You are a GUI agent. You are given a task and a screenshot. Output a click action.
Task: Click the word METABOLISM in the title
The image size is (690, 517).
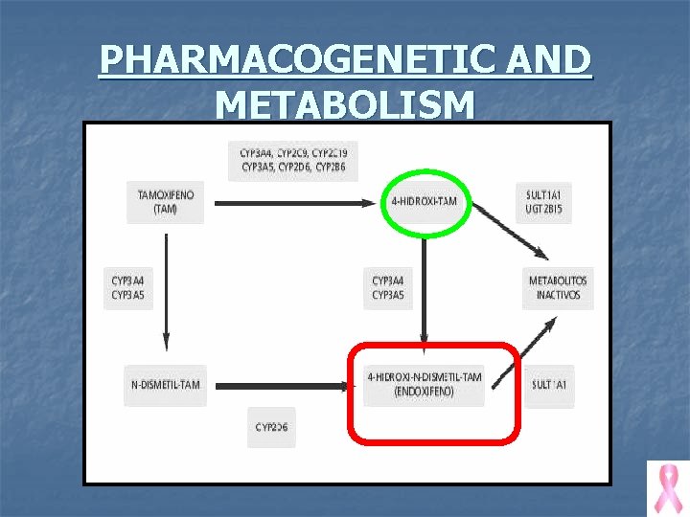tap(345, 103)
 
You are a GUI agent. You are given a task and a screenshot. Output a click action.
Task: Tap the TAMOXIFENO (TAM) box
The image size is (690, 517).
tap(165, 202)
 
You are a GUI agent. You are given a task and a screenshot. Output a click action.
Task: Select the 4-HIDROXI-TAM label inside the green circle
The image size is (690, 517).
tap(425, 202)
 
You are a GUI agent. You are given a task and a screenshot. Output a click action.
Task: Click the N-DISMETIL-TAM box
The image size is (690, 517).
tap(165, 385)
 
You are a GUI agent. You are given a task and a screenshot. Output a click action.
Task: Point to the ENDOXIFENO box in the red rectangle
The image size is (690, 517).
tap(425, 385)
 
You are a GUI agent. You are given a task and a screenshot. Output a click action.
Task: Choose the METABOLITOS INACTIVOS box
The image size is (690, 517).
tap(557, 287)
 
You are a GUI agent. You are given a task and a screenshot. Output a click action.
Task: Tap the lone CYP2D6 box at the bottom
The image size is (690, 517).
tap(272, 427)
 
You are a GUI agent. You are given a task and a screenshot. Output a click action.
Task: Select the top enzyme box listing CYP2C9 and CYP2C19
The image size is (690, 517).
tap(294, 160)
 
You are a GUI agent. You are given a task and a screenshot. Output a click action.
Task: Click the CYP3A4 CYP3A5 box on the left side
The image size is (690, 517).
tap(128, 287)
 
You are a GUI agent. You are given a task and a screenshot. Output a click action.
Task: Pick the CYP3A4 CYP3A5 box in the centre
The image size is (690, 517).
tap(388, 287)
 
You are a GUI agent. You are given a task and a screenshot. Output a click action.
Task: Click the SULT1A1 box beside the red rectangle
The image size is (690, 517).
tap(549, 385)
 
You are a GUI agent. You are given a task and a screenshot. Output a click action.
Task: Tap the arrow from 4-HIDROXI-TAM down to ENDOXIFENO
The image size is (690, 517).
tap(425, 292)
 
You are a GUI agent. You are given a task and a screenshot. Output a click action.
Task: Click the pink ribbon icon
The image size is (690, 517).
tap(667, 487)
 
